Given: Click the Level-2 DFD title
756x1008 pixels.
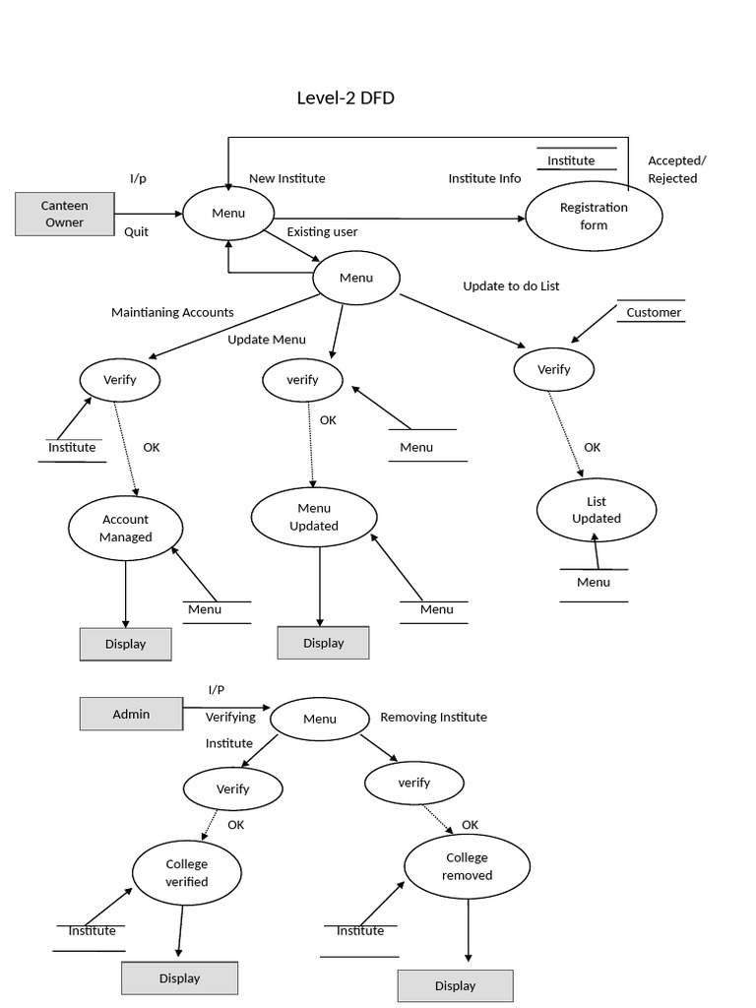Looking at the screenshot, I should point(346,97).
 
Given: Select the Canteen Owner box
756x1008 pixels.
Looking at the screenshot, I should point(64,215).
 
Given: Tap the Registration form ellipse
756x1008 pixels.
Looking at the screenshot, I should point(594,216).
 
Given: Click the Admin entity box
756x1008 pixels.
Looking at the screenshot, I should point(131,714).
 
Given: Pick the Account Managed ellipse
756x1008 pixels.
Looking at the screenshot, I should point(125,529).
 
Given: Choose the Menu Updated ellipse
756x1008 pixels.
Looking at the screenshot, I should point(314,517).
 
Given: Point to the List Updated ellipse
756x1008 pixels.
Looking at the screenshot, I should point(597,510).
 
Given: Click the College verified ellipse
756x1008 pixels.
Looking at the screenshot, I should point(186,872).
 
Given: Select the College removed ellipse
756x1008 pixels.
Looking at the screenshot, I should point(467,866).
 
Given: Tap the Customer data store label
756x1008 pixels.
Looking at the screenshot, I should point(654,313).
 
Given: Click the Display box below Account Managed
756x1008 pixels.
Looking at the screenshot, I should point(125,644).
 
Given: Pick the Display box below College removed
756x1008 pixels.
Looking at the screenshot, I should point(455,985).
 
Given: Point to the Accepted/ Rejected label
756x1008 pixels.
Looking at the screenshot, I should point(677,169).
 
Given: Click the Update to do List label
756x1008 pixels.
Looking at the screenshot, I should point(511,285).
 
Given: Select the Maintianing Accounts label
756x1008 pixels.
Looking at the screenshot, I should point(172,312).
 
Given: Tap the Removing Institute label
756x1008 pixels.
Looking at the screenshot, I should point(433,717).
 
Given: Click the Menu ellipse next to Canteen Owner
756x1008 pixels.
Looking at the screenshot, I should point(228,213).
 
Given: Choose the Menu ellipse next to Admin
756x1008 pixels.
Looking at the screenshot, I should point(320,719).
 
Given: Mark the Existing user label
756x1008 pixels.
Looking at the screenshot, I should point(322,231).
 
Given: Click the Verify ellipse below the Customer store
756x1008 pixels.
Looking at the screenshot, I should point(554,370).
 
